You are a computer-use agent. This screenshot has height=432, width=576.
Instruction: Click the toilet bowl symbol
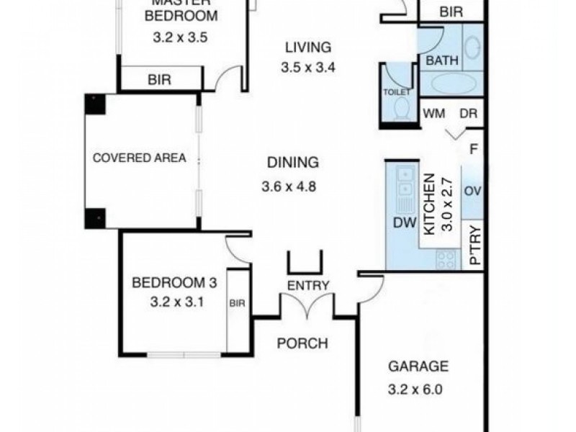pos(402,109)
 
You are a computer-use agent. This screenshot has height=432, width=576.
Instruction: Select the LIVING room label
pos(307,48)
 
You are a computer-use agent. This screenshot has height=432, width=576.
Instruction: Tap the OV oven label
pos(472,191)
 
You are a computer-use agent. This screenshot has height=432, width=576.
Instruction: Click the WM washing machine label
pos(433,113)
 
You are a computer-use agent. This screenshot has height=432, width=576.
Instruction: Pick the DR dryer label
pos(468,113)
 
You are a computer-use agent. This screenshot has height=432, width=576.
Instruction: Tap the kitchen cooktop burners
pos(446,259)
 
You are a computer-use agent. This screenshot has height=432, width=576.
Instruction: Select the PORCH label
pos(302,343)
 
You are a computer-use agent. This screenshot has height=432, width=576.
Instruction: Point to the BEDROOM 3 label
pos(168,283)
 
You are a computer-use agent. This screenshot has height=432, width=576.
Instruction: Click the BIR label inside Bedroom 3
pos(237,305)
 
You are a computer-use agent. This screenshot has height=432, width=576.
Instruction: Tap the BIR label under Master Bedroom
pos(159,80)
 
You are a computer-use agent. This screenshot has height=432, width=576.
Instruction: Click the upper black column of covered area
pos(95,104)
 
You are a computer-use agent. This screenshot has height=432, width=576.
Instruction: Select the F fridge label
pos(473,150)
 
